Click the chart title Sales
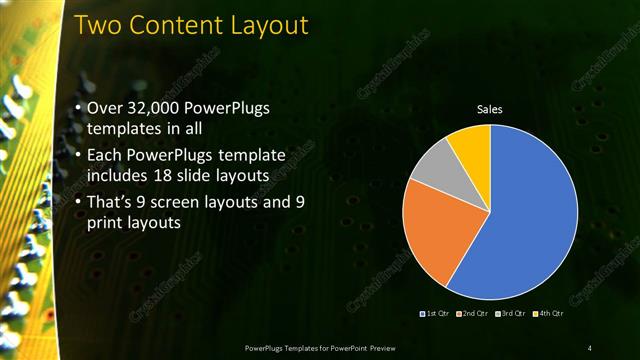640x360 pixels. coord(489,108)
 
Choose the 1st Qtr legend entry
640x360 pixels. coord(437,315)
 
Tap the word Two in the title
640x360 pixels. coord(98,24)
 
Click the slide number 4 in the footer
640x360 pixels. coord(589,347)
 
